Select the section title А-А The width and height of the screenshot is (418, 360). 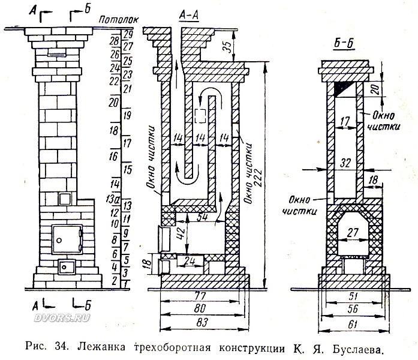(x=190, y=16)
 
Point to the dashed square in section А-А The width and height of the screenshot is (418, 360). (x=200, y=116)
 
